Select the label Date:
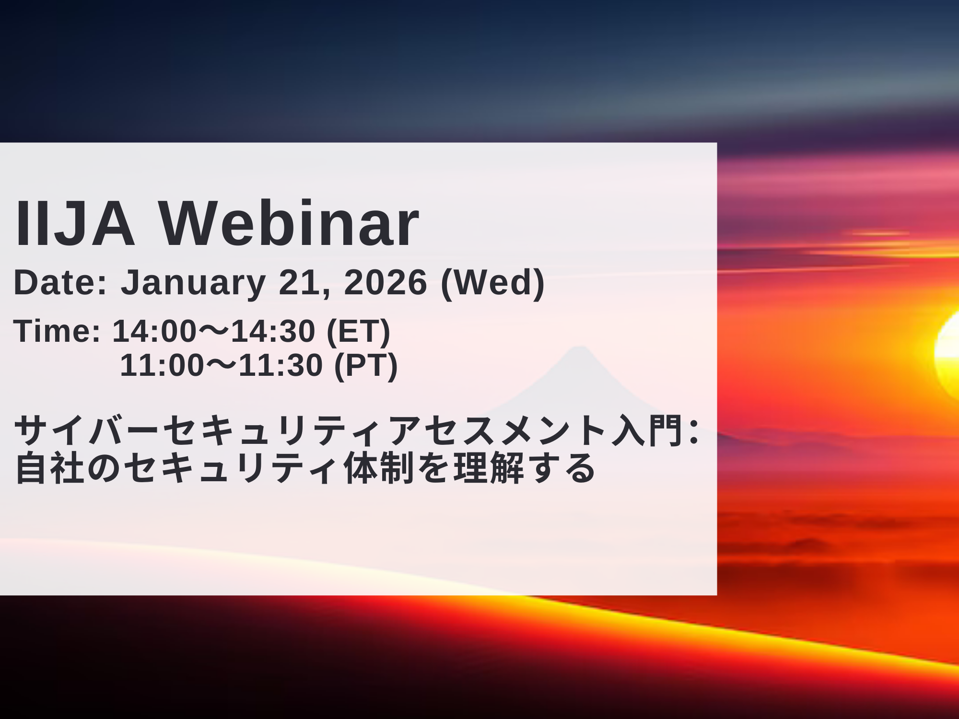[60, 282]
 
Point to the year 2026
[386, 282]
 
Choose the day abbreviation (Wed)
[493, 283]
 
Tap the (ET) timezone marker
[358, 332]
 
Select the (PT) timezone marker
[366, 366]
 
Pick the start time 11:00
[162, 365]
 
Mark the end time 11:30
[281, 365]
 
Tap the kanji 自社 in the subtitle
[50, 468]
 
